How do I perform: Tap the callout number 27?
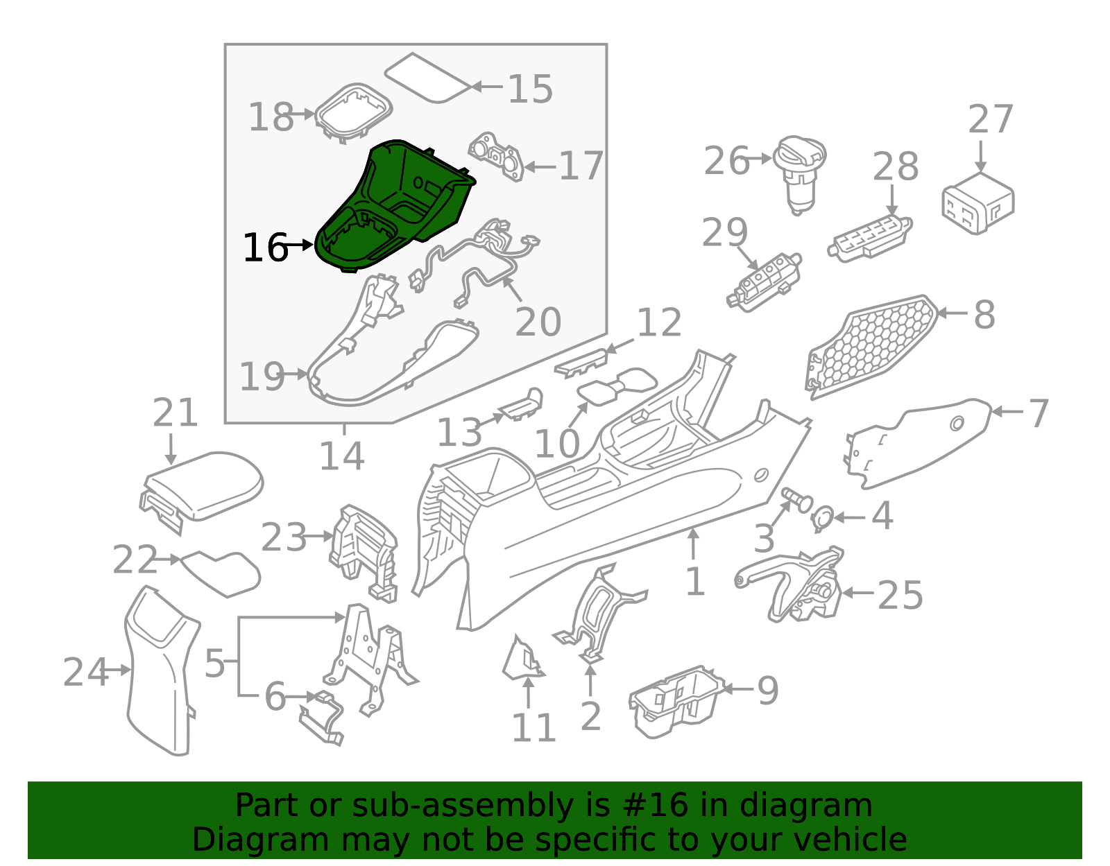(991, 119)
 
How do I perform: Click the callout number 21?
(175, 413)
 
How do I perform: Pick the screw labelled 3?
(797, 501)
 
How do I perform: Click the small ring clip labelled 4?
(823, 519)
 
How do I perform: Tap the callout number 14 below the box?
(342, 456)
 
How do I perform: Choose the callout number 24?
(85, 672)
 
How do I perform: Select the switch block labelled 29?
(765, 282)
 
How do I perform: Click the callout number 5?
(214, 664)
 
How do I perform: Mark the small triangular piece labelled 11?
(522, 658)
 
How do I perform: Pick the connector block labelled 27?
(977, 203)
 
